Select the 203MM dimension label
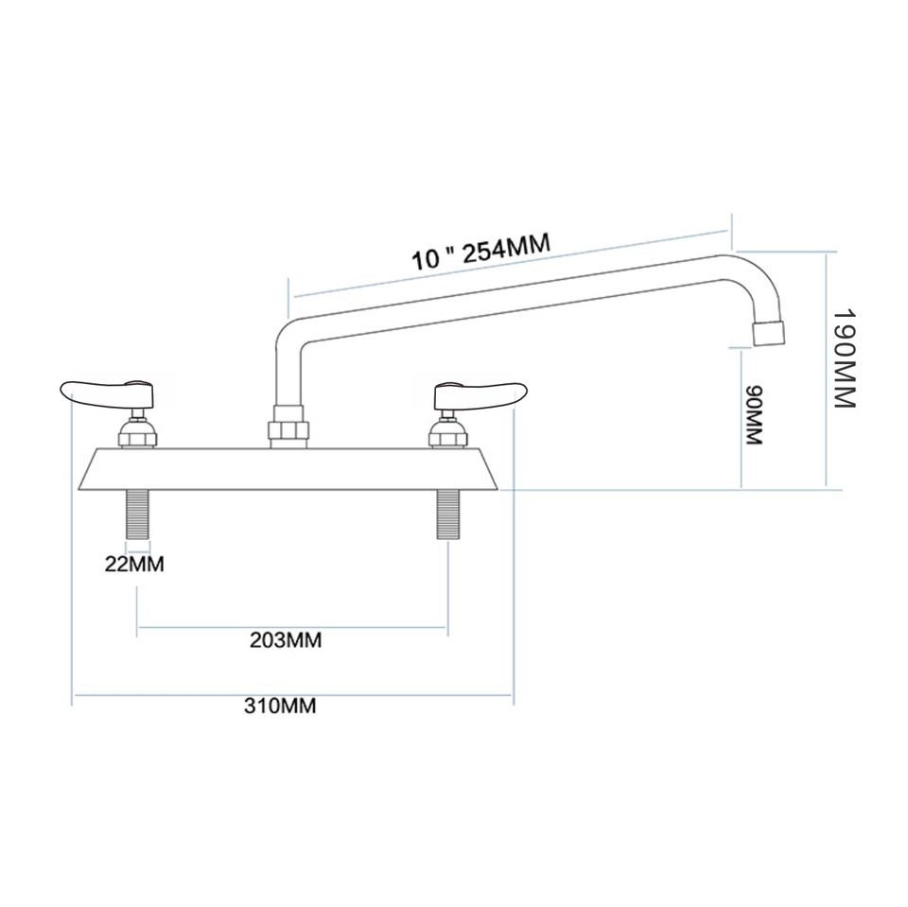point(287,640)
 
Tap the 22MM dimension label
point(134,566)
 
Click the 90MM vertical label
point(754,415)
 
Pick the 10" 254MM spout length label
point(480,253)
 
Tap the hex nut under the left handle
point(138,436)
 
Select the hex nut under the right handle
point(447,436)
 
